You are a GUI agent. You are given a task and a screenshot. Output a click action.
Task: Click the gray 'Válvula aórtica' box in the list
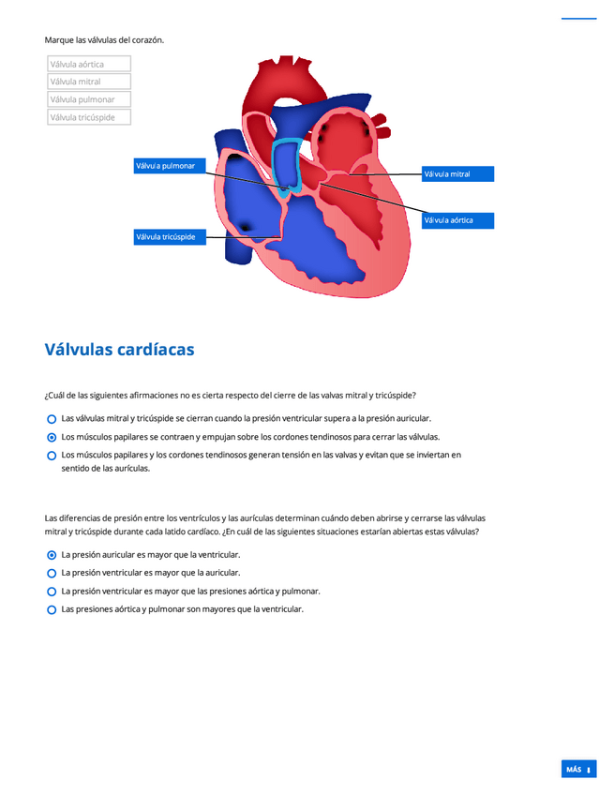89,65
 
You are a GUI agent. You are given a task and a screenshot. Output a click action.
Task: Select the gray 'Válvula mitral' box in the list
89,82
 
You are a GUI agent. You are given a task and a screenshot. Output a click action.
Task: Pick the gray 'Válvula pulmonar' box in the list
89,99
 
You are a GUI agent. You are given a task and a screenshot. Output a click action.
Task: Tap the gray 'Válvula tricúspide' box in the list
89,117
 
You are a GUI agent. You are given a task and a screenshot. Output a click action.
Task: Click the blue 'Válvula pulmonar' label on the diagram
169,166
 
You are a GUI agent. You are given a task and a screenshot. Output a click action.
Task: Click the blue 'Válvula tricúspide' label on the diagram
169,237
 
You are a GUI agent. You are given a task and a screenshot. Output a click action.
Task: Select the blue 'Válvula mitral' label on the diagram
457,174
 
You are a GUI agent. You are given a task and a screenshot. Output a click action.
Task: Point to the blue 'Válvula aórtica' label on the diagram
457,220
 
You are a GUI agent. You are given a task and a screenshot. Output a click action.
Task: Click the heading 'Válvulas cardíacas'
119,350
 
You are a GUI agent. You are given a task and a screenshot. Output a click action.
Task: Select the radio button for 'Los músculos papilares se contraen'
52,437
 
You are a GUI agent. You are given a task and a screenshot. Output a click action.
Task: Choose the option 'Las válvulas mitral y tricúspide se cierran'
52,419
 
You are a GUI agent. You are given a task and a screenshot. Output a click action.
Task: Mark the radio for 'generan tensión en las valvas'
52,456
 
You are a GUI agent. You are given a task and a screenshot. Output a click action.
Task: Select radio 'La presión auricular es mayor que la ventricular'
52,555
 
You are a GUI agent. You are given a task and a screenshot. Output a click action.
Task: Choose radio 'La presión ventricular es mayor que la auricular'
52,573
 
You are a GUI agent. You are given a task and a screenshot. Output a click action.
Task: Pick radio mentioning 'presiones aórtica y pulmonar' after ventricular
52,592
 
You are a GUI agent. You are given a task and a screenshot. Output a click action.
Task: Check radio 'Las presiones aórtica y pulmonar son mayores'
52,609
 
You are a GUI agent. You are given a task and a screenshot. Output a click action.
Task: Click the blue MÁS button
578,770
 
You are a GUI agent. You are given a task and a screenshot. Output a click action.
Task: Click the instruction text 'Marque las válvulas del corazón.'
104,40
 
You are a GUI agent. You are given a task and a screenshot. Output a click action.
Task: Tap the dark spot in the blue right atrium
246,226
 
